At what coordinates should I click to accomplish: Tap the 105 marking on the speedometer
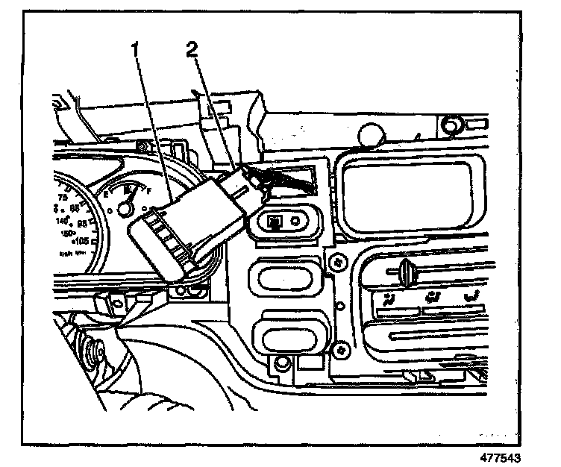click(x=81, y=240)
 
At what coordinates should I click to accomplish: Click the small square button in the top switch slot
click(x=275, y=221)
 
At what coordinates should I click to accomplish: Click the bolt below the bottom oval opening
click(x=281, y=364)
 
